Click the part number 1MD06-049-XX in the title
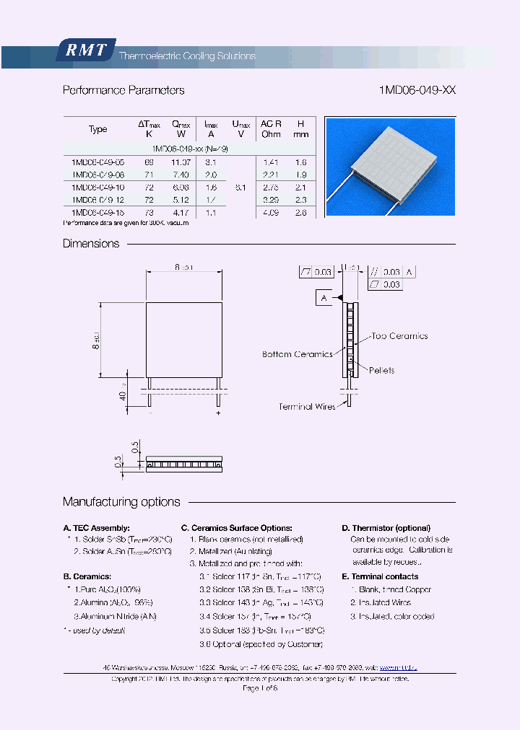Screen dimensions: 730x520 [417, 90]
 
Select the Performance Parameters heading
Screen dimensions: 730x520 [123, 90]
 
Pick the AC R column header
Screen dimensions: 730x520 [271, 128]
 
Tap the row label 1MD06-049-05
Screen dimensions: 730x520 [98, 163]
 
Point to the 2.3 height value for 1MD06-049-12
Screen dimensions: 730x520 [301, 200]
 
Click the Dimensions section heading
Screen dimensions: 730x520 [91, 244]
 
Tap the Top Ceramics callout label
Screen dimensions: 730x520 [399, 336]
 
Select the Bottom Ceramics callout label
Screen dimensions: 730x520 [297, 354]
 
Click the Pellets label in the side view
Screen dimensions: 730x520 [381, 371]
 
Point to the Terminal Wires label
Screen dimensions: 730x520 [307, 407]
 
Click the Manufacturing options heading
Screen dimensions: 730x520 [121, 502]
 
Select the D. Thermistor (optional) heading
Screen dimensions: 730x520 [386, 528]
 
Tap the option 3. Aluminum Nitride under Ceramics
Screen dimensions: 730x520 [115, 616]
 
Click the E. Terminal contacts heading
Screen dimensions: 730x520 [380, 576]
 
